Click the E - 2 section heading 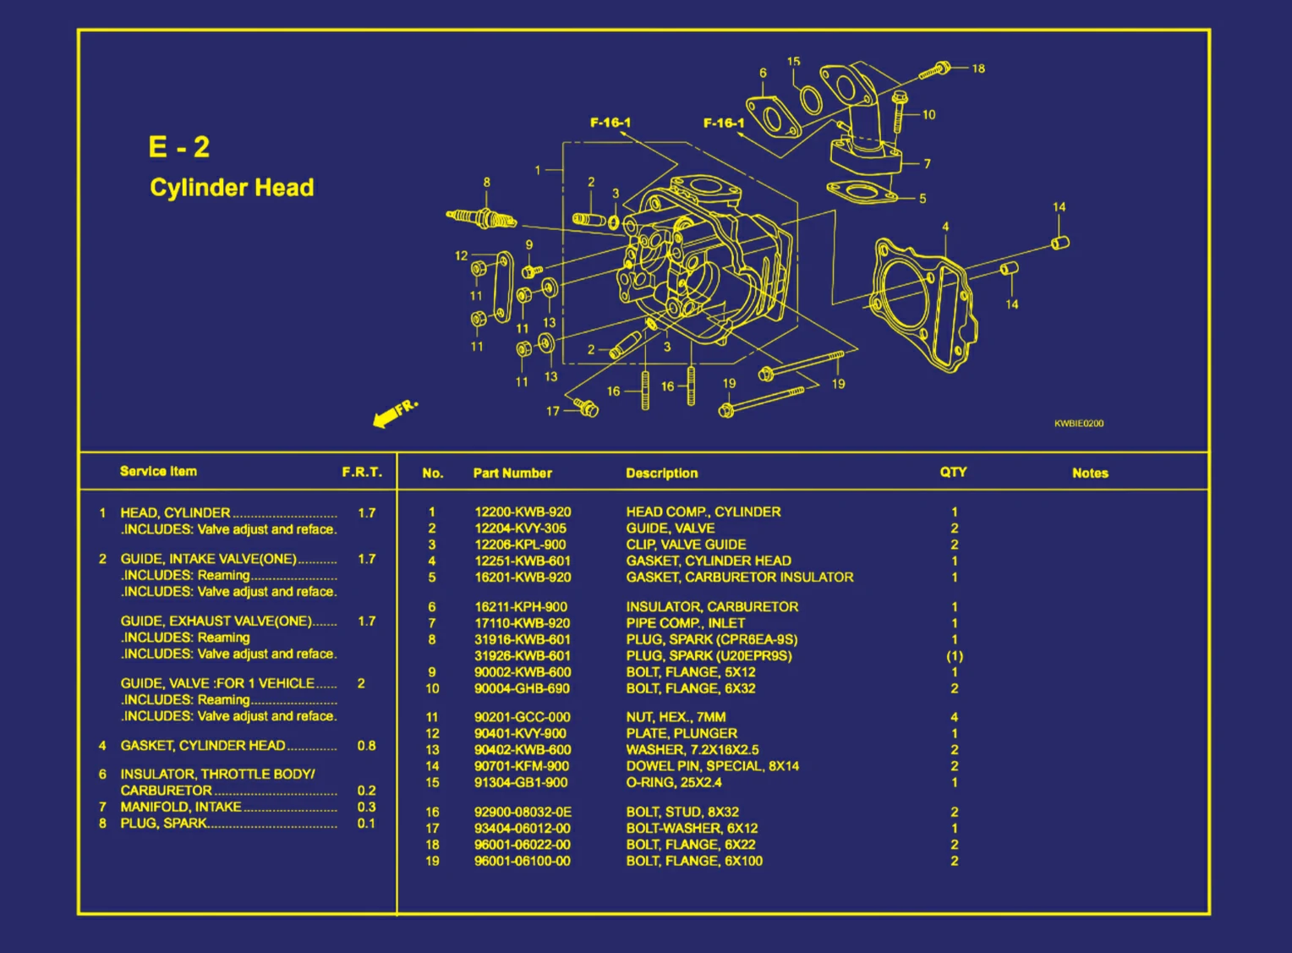tap(178, 147)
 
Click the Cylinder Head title tap(232, 188)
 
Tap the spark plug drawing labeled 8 tap(481, 219)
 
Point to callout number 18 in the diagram tap(978, 68)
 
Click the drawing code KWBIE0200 tap(1078, 424)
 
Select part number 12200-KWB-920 tap(522, 512)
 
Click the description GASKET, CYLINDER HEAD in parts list tap(708, 561)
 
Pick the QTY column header tap(953, 473)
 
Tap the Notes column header tap(1089, 474)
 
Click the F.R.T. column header tap(361, 472)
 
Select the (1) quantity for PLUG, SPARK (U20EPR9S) tap(954, 656)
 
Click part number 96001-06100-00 tap(522, 862)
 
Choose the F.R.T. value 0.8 tap(365, 746)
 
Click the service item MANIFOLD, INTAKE tap(180, 808)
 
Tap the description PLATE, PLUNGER tap(681, 734)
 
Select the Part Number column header tap(512, 474)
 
